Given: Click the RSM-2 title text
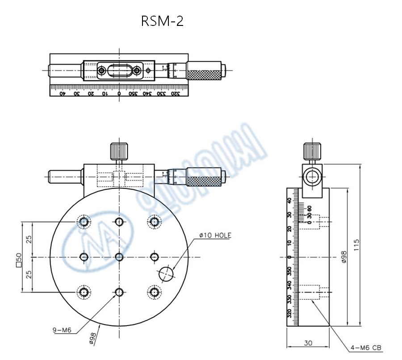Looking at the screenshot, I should [x=162, y=21].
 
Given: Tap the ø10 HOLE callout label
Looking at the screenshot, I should [x=215, y=235].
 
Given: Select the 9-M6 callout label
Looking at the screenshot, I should [x=62, y=331].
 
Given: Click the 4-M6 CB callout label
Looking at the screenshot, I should [x=366, y=348].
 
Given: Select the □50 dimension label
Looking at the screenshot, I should [x=19, y=260].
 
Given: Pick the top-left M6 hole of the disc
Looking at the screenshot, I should [x=84, y=222].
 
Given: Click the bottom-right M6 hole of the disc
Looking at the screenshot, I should [x=155, y=292].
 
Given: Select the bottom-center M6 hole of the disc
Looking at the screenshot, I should [x=119, y=292].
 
